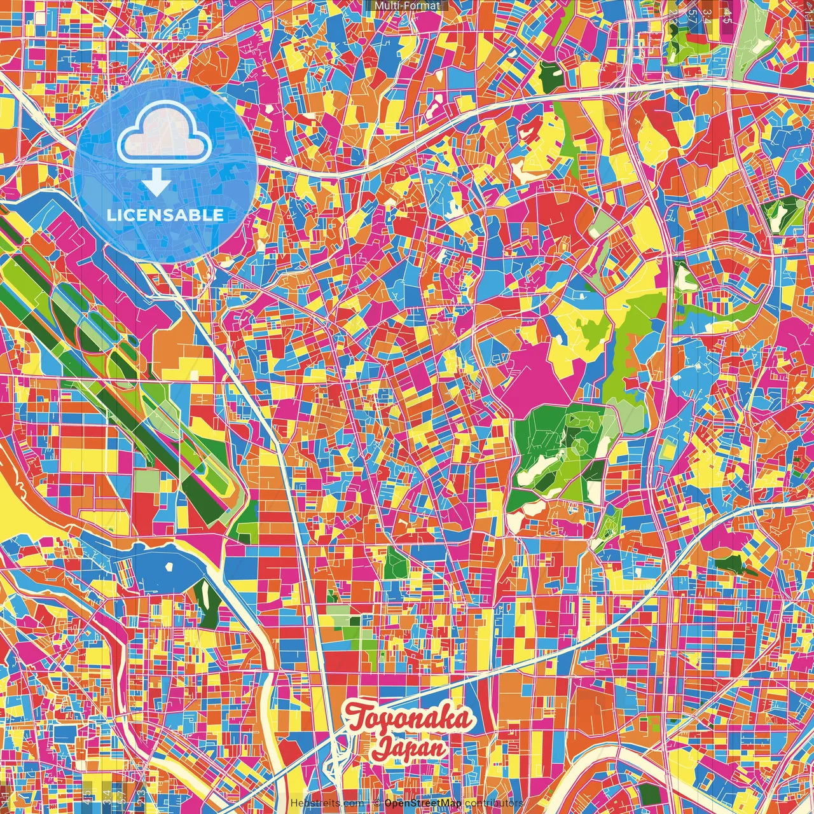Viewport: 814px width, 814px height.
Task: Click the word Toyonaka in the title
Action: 409,719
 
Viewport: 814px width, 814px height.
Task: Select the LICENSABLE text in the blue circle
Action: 165,215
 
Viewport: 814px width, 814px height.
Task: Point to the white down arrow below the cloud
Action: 156,183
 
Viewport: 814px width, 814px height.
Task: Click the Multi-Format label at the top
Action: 407,6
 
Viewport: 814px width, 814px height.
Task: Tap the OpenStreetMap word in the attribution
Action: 422,803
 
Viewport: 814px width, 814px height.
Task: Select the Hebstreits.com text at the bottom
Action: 327,803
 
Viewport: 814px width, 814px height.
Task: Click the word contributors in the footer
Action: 493,803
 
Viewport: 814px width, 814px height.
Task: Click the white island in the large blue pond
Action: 169,566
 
